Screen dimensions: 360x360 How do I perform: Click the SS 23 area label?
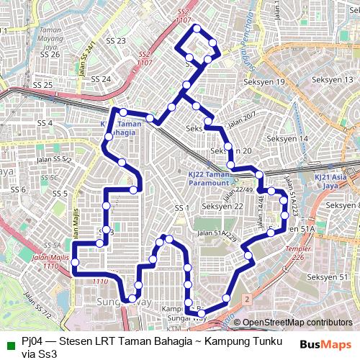pyautogui.click(x=115, y=41)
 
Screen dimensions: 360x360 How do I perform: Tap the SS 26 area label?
pyautogui.click(x=50, y=54)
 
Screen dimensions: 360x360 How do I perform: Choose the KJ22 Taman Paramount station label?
pyautogui.click(x=229, y=179)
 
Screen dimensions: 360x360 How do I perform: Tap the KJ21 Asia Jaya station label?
pyautogui.click(x=333, y=180)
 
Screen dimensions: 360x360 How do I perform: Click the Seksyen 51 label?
pyautogui.click(x=328, y=277)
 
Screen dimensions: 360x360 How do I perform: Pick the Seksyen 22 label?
pyautogui.click(x=222, y=207)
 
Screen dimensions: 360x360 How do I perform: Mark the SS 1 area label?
pyautogui.click(x=181, y=208)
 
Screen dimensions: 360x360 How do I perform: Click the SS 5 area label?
pyautogui.click(x=60, y=194)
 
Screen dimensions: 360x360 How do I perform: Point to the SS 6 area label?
pyautogui.click(x=18, y=190)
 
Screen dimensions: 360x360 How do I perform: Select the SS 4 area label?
pyautogui.click(x=45, y=123)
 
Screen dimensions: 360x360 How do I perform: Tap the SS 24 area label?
pyautogui.click(x=101, y=79)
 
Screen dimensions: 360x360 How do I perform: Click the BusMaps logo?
pyautogui.click(x=325, y=345)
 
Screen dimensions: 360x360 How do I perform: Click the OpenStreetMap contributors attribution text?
pyautogui.click(x=297, y=322)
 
